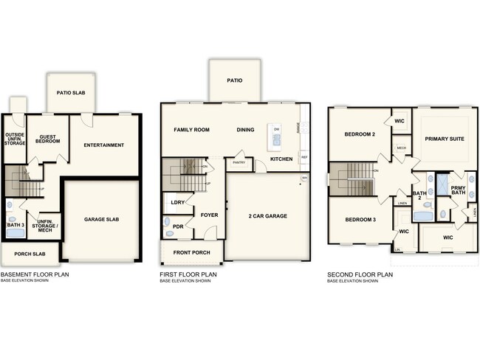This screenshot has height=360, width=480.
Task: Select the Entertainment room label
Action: (x=103, y=145)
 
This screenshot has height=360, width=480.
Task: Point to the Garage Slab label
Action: (x=102, y=219)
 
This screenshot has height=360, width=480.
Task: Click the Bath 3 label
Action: (x=16, y=224)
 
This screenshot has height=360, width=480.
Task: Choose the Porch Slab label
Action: (x=29, y=255)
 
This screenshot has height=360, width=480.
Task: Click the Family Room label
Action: (x=191, y=130)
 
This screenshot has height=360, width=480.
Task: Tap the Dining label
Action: (x=245, y=130)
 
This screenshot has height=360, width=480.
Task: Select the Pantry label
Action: (x=239, y=162)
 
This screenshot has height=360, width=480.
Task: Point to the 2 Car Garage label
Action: (x=267, y=215)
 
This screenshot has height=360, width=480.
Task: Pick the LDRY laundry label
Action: (x=177, y=201)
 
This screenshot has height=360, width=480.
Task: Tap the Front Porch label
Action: (x=192, y=252)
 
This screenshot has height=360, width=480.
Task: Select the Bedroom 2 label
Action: (x=360, y=134)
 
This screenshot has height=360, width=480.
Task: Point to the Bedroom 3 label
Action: (x=360, y=220)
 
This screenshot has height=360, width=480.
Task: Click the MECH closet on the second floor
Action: (x=401, y=148)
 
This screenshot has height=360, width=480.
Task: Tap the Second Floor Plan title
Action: (x=360, y=274)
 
